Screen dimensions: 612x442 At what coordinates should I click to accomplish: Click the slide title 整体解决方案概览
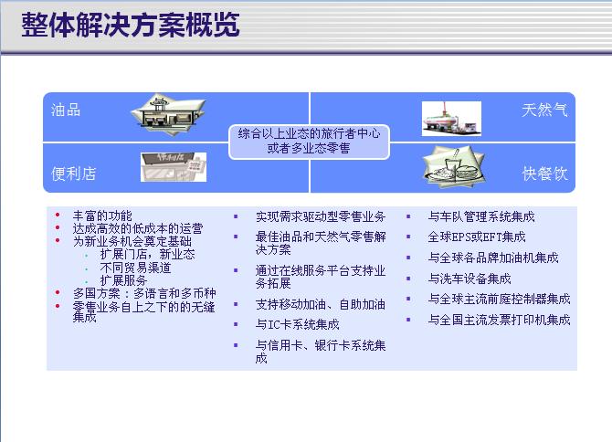131,25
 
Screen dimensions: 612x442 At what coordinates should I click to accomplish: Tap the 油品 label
66,110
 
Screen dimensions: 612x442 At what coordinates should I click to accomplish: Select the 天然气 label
544,110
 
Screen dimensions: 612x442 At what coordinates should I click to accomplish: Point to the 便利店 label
73,174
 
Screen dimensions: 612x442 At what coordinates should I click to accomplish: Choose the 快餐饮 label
545,174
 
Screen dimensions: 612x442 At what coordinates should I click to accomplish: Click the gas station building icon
168,114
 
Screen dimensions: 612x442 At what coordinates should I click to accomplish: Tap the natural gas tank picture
451,119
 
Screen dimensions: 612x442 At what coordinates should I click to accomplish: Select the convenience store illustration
174,167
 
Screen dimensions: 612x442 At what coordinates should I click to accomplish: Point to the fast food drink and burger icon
454,166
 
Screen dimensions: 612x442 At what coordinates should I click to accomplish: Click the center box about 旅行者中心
309,142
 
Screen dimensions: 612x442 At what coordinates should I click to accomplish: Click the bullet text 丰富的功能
102,216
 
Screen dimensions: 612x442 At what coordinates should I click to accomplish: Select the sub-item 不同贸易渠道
135,268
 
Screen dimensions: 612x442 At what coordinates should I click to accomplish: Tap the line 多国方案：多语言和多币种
144,293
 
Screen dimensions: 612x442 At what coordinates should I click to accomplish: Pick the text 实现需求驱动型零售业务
321,216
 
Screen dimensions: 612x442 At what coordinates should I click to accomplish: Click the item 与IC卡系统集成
298,324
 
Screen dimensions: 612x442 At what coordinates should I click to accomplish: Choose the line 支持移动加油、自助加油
321,304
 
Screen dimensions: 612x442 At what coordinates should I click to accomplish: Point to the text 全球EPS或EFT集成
477,237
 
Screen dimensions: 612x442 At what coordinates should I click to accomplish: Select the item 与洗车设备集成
470,279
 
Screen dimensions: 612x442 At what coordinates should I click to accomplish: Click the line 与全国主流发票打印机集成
499,320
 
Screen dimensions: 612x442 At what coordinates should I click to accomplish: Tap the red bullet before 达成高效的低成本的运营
58,227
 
